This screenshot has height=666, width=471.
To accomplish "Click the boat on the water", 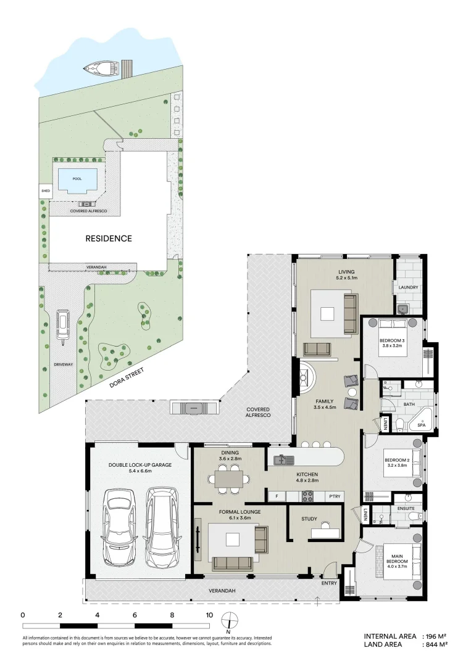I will pos(101,68).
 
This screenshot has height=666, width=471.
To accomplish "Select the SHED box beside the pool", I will pos(45,191).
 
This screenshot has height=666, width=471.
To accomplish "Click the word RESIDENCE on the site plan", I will pos(108,238).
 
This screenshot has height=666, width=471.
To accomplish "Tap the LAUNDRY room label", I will pos(408,287).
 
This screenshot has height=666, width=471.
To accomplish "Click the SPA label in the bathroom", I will pos(421,425).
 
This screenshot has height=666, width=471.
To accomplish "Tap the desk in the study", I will pos(324,532).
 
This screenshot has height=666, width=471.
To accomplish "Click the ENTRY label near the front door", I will pos(330,583).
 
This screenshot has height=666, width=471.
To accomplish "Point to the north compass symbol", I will pos(228,620).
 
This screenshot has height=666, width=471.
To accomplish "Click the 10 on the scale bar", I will pos(209,615).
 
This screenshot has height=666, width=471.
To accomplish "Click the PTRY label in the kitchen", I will pos(334,496).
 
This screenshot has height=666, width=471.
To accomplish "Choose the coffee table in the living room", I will pos(327,313).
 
